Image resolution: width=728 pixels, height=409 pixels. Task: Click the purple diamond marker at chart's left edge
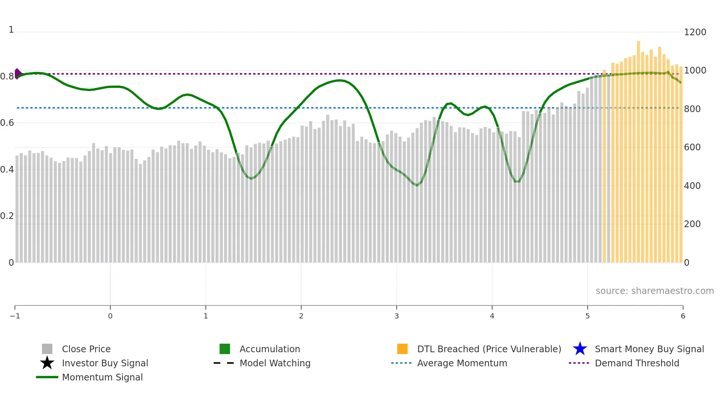click(17, 73)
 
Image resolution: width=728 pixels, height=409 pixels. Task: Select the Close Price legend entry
click(86, 349)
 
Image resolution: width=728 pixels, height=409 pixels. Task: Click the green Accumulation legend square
click(225, 349)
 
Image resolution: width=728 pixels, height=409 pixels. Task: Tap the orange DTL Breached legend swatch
click(402, 349)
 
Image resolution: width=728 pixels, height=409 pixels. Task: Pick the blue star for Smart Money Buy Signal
click(580, 349)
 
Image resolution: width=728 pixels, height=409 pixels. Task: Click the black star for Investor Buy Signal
click(47, 363)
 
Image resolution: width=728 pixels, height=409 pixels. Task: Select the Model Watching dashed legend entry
click(274, 363)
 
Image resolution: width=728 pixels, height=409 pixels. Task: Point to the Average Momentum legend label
click(462, 363)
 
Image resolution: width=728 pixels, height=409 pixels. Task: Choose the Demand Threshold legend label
click(637, 363)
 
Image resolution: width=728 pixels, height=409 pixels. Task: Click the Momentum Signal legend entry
click(102, 377)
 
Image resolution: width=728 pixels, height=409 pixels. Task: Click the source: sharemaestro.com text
click(654, 291)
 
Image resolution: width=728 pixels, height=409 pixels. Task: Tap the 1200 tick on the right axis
click(695, 32)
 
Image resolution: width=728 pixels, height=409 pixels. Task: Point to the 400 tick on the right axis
click(692, 186)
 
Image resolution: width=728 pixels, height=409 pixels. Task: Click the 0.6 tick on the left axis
click(7, 123)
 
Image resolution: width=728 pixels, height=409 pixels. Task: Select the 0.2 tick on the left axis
click(7, 216)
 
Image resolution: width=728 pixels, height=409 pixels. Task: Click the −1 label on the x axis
click(15, 316)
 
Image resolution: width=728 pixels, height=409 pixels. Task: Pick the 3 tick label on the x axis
click(396, 316)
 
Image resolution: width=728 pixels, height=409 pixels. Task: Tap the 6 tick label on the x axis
click(683, 316)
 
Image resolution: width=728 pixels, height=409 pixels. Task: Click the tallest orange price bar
click(638, 148)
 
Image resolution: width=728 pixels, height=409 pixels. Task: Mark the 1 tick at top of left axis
click(11, 30)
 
